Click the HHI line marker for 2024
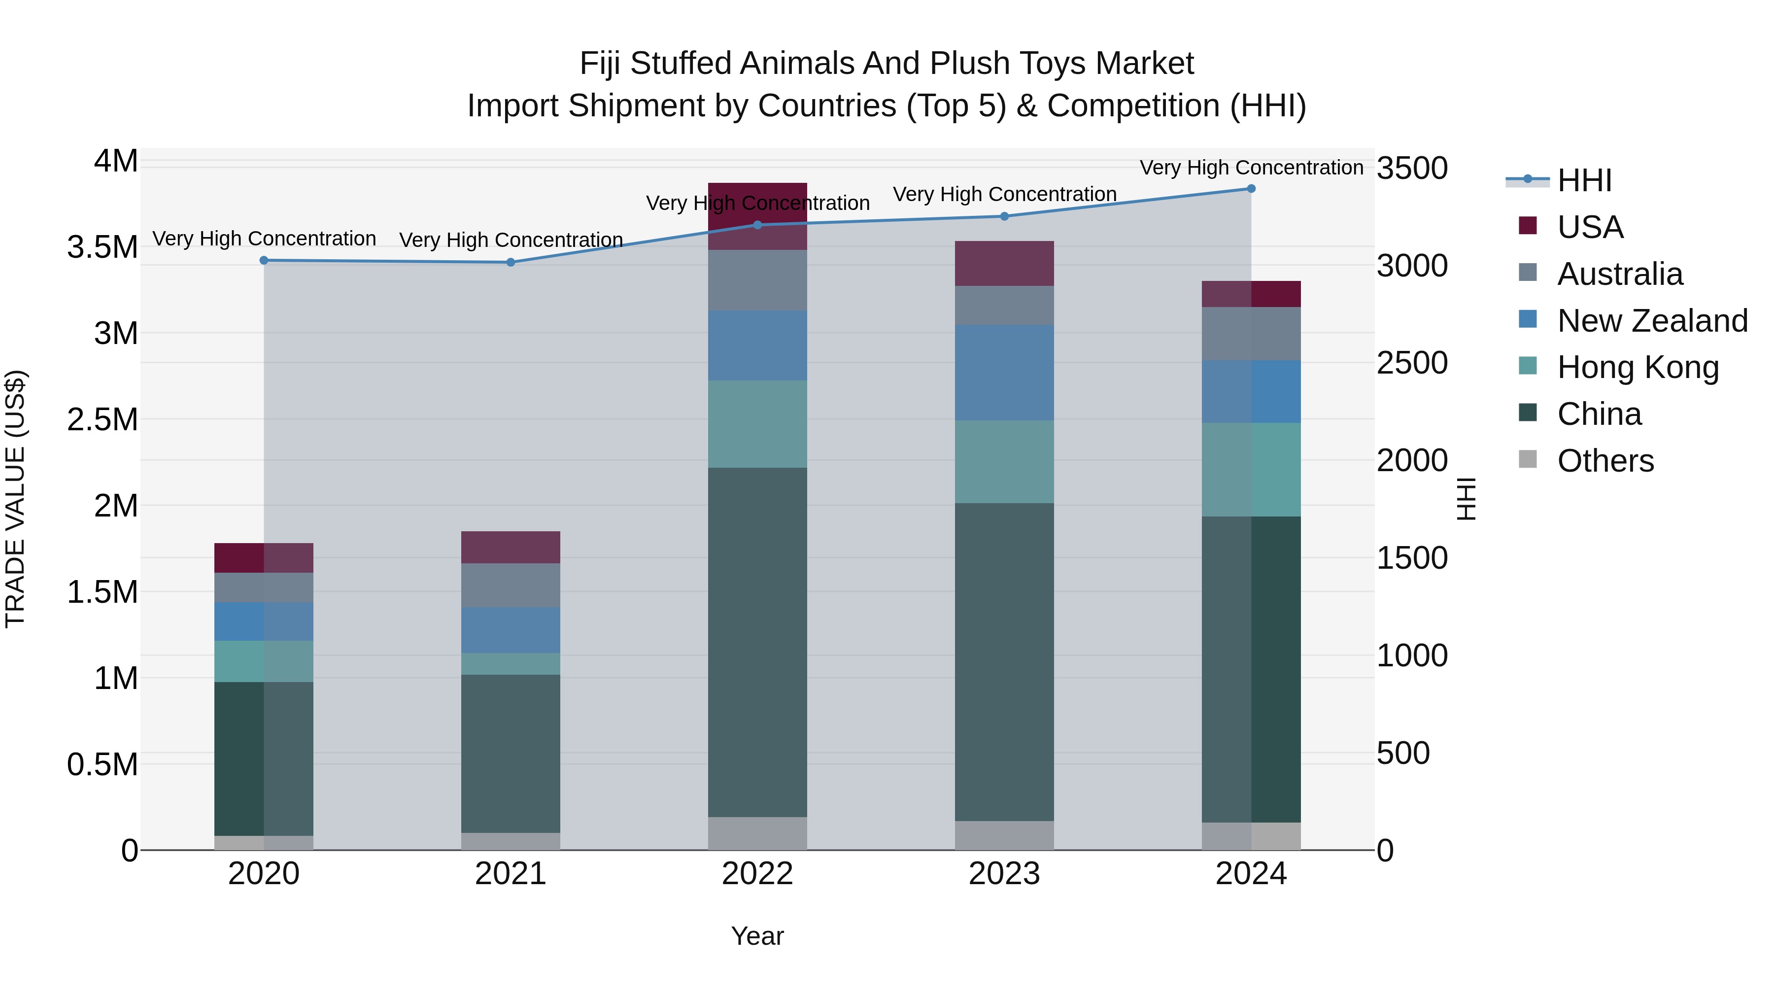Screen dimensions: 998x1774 (1251, 189)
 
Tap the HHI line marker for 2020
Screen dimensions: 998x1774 (264, 260)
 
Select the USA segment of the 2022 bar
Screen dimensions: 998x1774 (757, 215)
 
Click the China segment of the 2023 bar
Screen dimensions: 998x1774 (1004, 661)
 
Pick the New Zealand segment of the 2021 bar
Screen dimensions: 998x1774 (511, 629)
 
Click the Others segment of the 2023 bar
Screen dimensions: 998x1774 (1004, 835)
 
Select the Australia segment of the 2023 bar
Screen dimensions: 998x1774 (1004, 305)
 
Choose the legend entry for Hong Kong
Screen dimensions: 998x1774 (1638, 368)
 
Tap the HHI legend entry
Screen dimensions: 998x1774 (1584, 180)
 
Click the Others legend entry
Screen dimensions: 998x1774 (1604, 461)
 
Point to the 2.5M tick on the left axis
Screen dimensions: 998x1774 (102, 419)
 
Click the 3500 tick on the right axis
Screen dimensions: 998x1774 (1412, 168)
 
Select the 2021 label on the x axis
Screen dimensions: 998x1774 (511, 874)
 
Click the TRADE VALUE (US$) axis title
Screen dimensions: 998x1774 (16, 499)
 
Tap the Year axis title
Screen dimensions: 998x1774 (757, 936)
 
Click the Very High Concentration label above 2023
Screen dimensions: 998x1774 (1004, 194)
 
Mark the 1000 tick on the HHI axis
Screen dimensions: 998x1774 (1412, 655)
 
